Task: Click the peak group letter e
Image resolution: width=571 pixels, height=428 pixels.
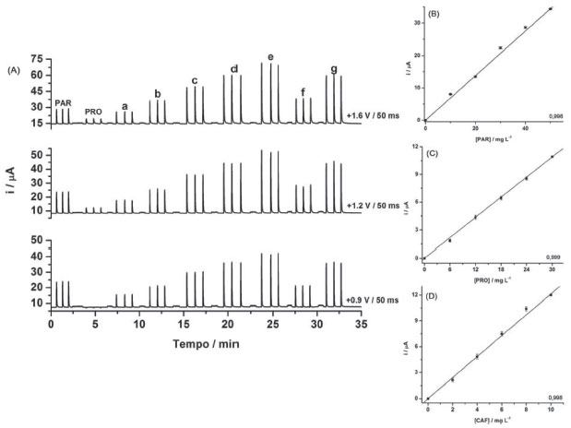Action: pos(270,57)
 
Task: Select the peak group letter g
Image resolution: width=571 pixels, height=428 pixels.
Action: pos(333,69)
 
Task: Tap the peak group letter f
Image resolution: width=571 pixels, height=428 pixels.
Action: pos(303,91)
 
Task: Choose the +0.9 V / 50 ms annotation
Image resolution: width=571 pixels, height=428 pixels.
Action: pos(374,301)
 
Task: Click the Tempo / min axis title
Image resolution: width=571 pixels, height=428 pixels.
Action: pos(196,343)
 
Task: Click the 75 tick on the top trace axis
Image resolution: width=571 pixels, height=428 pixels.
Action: pos(37,59)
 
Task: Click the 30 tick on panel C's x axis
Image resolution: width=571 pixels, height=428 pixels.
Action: pos(552,268)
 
